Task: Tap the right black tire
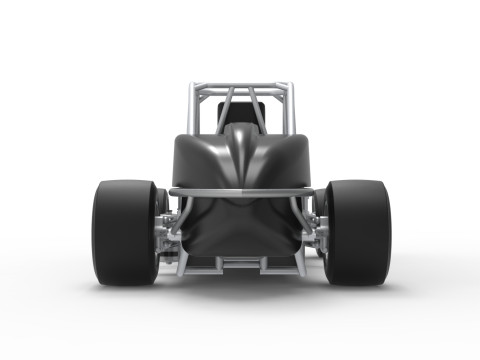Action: click(x=357, y=232)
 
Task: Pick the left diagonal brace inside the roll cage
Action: click(x=224, y=110)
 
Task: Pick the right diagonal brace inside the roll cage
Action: click(x=259, y=110)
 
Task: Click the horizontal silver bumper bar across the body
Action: click(x=240, y=190)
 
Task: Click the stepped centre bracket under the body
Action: click(x=241, y=262)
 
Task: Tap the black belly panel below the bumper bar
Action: click(x=240, y=228)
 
